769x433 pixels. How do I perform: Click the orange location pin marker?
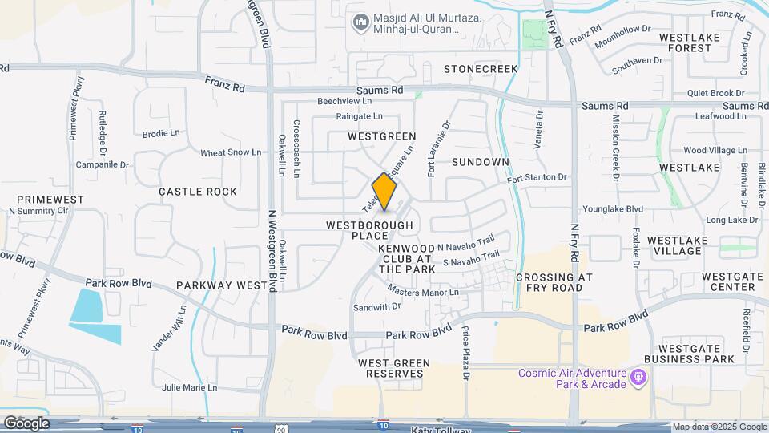click(x=384, y=192)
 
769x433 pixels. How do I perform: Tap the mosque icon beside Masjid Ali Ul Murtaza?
click(x=360, y=20)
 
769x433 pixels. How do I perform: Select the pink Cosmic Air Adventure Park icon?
click(x=638, y=376)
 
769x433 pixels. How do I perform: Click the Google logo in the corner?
click(x=26, y=423)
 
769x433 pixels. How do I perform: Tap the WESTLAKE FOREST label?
click(x=685, y=42)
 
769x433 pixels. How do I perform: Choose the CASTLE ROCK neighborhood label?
click(x=198, y=192)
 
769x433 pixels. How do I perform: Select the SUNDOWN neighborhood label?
click(x=480, y=162)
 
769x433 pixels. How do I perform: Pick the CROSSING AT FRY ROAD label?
click(x=554, y=282)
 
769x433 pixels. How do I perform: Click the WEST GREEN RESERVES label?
click(x=394, y=368)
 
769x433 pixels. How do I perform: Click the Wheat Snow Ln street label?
click(x=231, y=152)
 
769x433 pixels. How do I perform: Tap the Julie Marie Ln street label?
click(x=189, y=387)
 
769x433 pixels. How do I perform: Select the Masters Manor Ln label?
click(x=424, y=292)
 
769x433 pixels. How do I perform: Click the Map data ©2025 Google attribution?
click(x=719, y=427)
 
